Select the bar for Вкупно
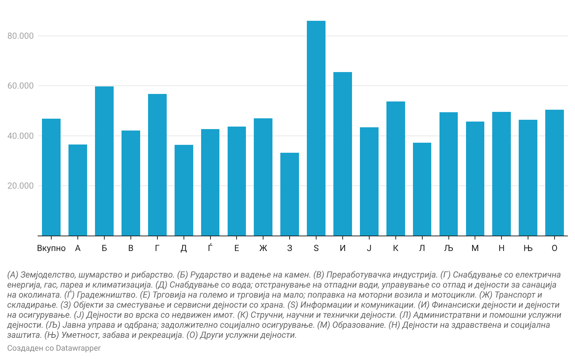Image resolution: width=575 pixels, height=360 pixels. (51, 177)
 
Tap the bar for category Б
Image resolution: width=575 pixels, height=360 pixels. (104, 161)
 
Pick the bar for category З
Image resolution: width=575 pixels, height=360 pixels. (290, 194)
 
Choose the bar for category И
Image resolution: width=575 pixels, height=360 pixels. (343, 154)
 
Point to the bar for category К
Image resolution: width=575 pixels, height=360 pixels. (396, 169)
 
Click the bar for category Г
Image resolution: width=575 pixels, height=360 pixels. (157, 165)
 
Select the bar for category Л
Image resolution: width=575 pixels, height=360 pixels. (422, 189)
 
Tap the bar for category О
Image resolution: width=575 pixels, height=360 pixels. (555, 172)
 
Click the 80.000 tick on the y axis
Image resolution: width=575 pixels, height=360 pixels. (20, 36)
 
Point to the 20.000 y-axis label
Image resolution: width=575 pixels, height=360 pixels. (20, 186)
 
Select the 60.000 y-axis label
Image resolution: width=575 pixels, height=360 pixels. (20, 86)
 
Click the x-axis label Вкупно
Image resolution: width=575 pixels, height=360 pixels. (51, 248)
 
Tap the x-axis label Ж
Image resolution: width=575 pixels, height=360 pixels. (263, 248)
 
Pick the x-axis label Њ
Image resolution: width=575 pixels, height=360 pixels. (528, 248)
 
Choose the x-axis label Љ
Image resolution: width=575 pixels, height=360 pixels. (448, 248)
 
